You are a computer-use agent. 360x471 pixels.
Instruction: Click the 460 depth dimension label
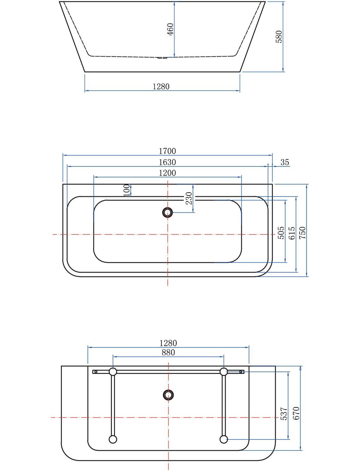[170, 29]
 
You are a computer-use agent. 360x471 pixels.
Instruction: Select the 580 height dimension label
[279, 37]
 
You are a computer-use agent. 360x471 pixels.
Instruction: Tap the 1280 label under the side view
[161, 86]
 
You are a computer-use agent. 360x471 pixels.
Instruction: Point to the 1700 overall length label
[167, 151]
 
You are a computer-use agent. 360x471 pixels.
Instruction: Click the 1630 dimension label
[167, 162]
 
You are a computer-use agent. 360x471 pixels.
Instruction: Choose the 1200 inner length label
[167, 173]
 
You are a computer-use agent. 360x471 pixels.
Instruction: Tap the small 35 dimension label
[285, 162]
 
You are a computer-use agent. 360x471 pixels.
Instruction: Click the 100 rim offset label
[127, 190]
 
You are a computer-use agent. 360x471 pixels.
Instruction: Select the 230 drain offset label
[189, 198]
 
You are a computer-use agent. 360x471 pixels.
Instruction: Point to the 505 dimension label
[281, 233]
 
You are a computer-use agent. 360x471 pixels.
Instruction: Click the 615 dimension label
[292, 233]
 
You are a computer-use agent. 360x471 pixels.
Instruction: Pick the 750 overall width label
[302, 233]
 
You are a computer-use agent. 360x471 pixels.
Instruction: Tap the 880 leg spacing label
[168, 352]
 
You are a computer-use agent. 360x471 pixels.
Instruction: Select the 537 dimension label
[284, 414]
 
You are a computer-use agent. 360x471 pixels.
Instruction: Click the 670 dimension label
[296, 413]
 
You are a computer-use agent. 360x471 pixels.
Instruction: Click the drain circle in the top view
[167, 212]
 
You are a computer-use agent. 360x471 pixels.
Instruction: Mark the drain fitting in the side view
[162, 57]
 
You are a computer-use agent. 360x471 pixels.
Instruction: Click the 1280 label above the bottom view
[168, 343]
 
